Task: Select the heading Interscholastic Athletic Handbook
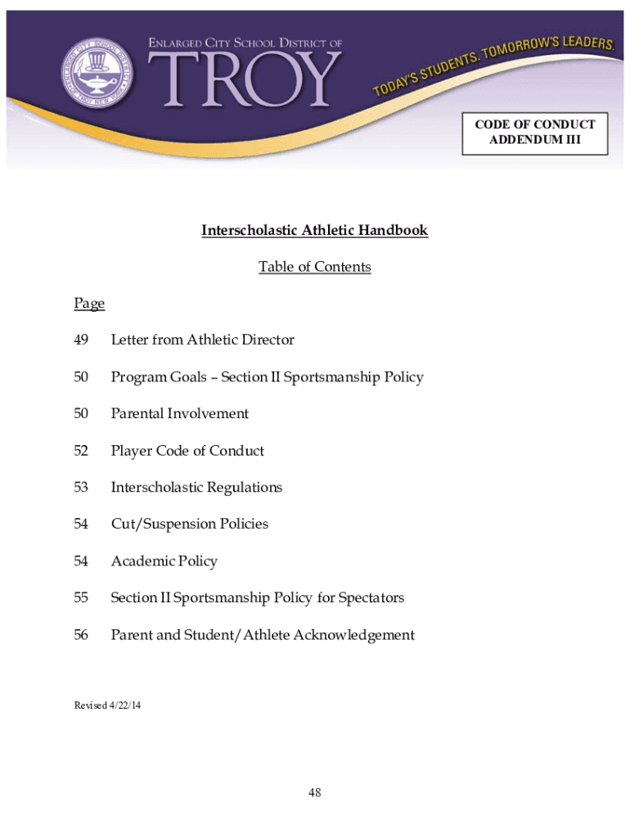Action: click(315, 231)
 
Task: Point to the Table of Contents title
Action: click(315, 268)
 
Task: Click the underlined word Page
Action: click(89, 304)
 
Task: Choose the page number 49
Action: click(81, 340)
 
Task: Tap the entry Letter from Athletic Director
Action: click(202, 340)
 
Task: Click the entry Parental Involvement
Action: click(179, 414)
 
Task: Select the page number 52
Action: click(81, 451)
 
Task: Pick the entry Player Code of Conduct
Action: click(187, 451)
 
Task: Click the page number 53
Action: click(81, 488)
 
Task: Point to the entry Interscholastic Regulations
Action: click(196, 488)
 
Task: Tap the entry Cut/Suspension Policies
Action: click(189, 525)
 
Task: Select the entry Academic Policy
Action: click(164, 561)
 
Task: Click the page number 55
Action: click(81, 598)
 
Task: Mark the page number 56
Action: click(81, 635)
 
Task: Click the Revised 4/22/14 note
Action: click(107, 705)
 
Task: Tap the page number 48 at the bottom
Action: click(315, 793)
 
